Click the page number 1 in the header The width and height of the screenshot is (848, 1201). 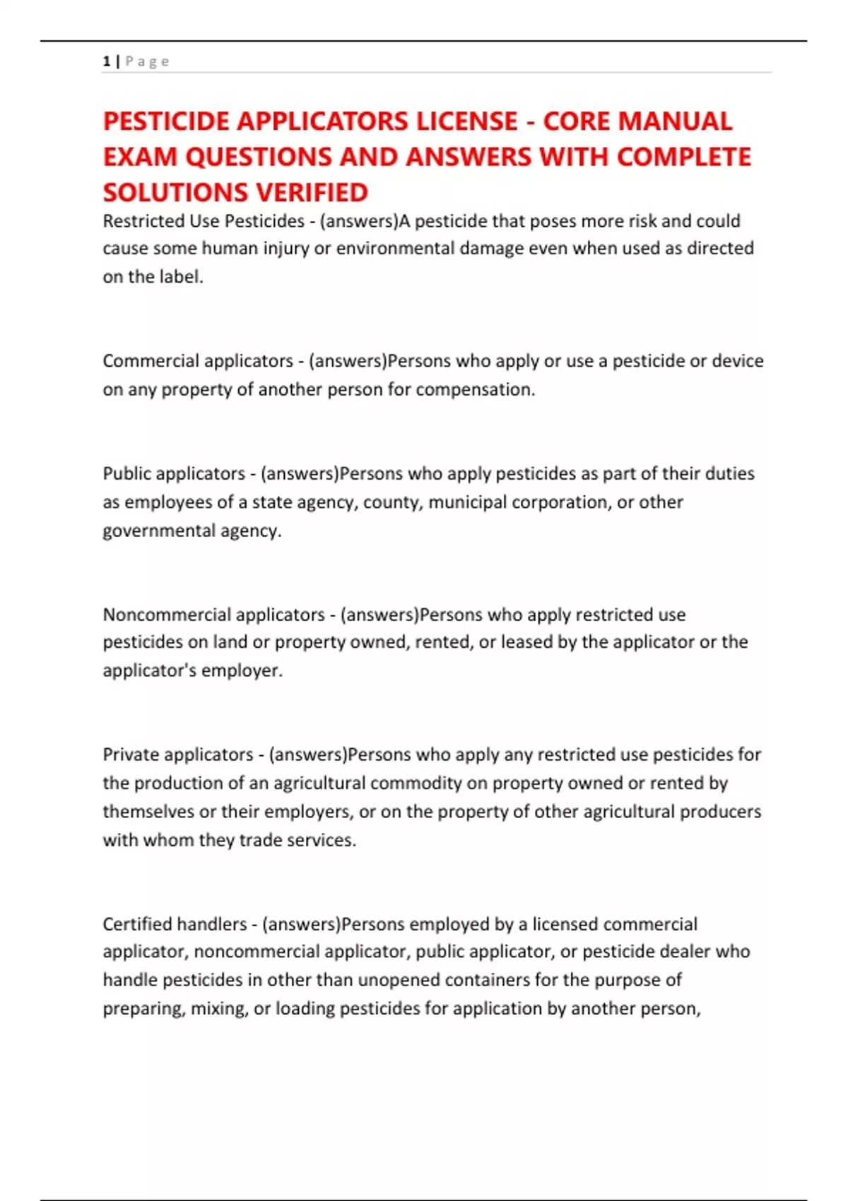point(107,61)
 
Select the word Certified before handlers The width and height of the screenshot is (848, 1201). point(136,924)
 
